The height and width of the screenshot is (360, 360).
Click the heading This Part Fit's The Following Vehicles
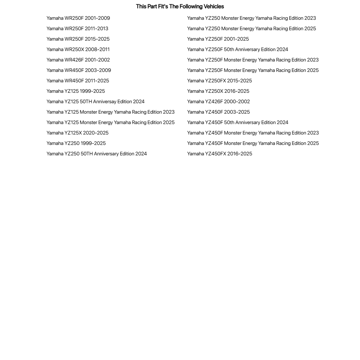click(x=180, y=6)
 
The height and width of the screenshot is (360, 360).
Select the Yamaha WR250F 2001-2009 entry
click(x=78, y=18)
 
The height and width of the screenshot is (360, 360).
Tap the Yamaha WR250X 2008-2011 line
click(x=78, y=50)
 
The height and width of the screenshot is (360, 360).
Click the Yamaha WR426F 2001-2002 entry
click(x=78, y=60)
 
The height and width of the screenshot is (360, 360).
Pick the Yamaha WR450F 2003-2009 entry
click(x=79, y=70)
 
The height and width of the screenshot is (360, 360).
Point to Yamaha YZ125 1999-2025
click(x=76, y=91)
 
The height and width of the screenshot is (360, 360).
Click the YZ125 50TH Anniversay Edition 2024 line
click(x=95, y=102)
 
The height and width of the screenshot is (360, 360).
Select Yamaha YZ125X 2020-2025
click(x=77, y=133)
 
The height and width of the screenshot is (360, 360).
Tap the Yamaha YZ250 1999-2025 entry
click(x=76, y=143)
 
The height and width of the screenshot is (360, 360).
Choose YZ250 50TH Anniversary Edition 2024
click(x=96, y=154)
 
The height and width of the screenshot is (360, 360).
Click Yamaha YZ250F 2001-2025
click(x=218, y=39)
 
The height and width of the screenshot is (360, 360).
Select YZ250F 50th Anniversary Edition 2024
click(x=237, y=50)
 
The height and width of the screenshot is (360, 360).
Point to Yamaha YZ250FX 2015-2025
click(x=219, y=81)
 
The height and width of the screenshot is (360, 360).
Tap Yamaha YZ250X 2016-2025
click(x=218, y=91)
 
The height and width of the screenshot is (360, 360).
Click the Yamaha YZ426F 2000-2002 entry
click(x=218, y=102)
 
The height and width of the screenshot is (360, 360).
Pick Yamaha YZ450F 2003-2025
click(x=218, y=112)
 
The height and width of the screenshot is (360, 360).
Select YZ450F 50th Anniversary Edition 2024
click(x=238, y=123)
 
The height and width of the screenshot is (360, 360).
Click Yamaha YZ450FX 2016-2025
click(x=219, y=154)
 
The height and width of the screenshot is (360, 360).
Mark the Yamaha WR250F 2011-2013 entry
click(x=77, y=29)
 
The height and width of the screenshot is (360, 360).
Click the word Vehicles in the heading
click(x=214, y=6)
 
